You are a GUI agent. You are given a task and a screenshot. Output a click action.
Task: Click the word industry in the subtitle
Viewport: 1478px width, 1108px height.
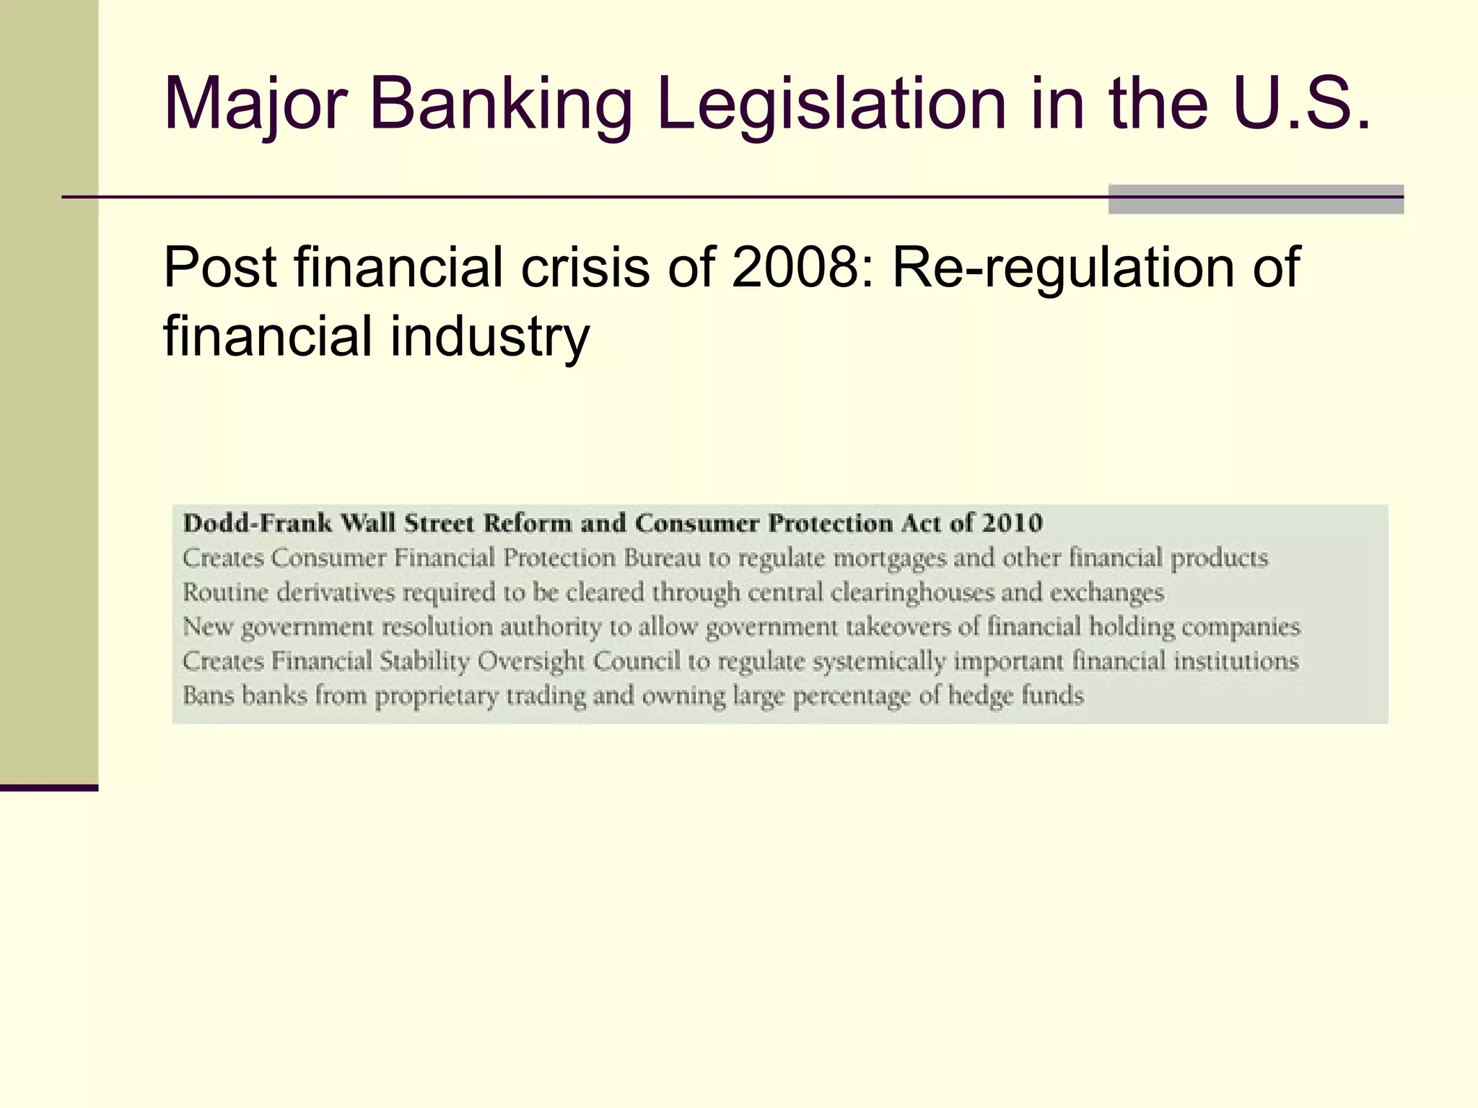click(490, 337)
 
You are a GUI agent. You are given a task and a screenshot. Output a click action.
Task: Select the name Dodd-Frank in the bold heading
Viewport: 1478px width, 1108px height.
click(256, 523)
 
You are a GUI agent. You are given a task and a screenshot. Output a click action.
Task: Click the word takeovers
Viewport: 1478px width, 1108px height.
click(898, 627)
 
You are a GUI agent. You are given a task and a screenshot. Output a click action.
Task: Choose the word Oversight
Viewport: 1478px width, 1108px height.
click(531, 661)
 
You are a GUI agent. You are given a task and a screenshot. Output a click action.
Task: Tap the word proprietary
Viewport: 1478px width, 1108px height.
click(436, 696)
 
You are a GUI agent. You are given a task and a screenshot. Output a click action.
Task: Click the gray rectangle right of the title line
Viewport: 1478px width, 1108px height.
click(1256, 200)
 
